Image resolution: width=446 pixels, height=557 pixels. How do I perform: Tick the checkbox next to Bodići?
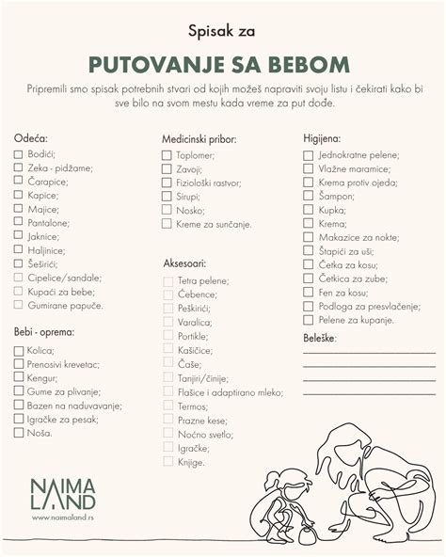18,153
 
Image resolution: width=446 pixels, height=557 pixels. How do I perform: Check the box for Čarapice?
18,182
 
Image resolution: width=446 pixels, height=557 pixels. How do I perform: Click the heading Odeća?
30,137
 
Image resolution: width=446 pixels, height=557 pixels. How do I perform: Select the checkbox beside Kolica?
18,350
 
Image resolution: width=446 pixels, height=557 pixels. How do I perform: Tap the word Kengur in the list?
43,378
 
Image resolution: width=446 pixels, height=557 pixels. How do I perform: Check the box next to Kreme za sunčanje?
167,225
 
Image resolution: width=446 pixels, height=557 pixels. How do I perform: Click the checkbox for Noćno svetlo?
167,434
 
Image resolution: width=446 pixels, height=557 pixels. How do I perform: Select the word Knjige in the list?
190,462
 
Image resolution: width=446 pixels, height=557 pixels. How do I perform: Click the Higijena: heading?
322,137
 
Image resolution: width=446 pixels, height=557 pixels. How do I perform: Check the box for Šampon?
308,196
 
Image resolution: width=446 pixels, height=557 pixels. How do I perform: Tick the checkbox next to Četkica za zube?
308,278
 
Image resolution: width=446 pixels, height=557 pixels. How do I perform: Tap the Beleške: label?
320,336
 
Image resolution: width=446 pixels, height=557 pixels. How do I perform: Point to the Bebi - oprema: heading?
44,332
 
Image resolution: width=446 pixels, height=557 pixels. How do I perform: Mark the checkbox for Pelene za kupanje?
308,320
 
